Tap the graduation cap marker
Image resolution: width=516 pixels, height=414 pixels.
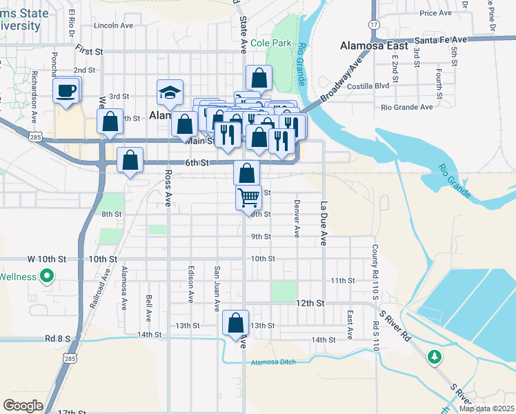point(170,92)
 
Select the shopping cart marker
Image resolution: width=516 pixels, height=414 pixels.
point(248,199)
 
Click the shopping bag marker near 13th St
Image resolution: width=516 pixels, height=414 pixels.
point(236,323)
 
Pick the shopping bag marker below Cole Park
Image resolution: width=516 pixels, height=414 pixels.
point(259,77)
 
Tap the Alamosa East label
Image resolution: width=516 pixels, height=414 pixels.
point(370,46)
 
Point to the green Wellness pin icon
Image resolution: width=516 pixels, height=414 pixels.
point(47,277)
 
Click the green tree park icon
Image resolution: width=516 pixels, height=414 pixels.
point(434,357)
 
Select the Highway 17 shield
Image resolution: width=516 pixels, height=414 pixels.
point(374,24)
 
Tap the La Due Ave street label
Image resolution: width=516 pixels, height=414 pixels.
point(322,223)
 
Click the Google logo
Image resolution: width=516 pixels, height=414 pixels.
point(23,406)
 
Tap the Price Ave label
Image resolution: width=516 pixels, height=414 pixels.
point(435,13)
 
